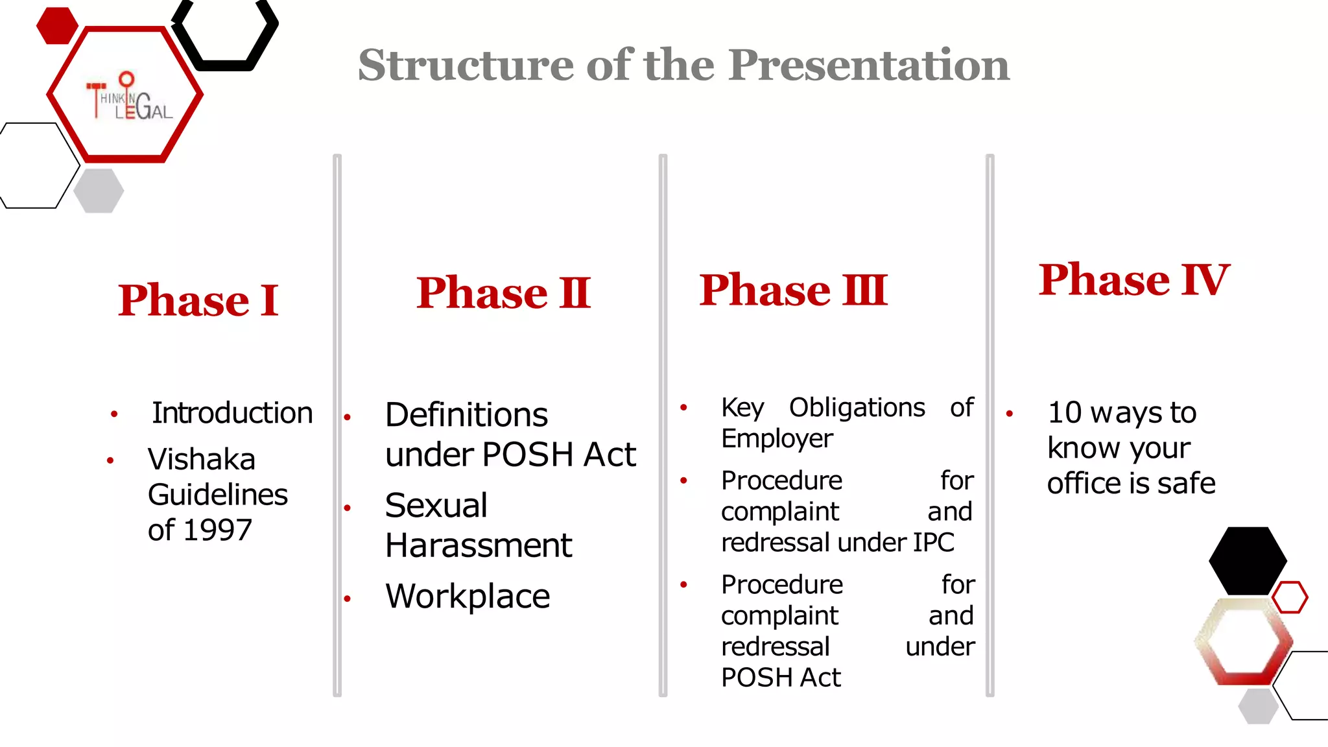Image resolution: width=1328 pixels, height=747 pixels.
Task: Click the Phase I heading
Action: coord(198,300)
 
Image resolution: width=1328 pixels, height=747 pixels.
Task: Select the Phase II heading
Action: coord(503,292)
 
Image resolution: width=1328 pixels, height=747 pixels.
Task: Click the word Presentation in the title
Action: coord(868,65)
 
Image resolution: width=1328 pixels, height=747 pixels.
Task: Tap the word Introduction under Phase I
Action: coord(232,413)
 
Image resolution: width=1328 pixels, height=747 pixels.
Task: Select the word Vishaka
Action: coord(202,460)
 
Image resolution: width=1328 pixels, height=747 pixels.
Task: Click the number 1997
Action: coord(218,530)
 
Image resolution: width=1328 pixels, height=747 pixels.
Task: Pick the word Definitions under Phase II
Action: coord(466,415)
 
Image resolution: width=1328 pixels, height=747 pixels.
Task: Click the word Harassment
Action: coord(479,545)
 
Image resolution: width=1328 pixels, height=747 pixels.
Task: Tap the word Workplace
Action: coord(468,597)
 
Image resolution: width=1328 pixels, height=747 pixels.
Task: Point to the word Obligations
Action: coord(857,408)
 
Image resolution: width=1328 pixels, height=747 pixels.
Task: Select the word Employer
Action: coord(777,439)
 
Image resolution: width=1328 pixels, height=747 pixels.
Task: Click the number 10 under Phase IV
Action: coord(1065,413)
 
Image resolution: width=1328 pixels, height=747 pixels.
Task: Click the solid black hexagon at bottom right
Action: coord(1248,560)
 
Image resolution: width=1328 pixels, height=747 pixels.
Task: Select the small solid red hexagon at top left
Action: coord(57,26)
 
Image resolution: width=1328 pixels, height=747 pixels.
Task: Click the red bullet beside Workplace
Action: coord(348,599)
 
